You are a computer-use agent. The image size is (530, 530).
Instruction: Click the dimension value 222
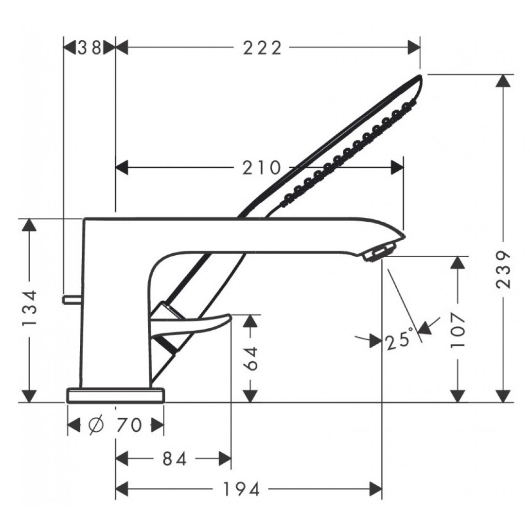(x=262, y=48)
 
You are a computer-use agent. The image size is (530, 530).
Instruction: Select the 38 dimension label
(x=89, y=48)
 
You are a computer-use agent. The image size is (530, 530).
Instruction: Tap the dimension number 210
(x=262, y=168)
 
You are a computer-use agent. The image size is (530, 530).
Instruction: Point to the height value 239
(x=503, y=269)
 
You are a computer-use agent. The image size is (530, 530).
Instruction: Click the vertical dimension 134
(x=29, y=308)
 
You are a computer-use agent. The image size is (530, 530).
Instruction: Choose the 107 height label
(x=458, y=330)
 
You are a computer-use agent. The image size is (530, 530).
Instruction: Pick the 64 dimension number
(x=250, y=358)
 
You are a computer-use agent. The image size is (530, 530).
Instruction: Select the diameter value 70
(x=129, y=425)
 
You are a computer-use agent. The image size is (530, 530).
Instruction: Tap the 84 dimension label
(x=175, y=459)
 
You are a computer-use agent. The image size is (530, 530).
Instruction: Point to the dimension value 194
(x=241, y=489)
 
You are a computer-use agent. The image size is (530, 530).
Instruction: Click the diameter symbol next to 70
(x=96, y=425)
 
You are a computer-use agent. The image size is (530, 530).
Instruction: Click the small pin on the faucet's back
(x=71, y=299)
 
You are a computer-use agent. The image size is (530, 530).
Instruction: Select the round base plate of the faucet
(x=116, y=395)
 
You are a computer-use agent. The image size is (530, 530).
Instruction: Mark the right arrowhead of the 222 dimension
(x=414, y=47)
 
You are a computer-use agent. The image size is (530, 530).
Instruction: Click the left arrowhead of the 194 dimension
(x=122, y=489)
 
